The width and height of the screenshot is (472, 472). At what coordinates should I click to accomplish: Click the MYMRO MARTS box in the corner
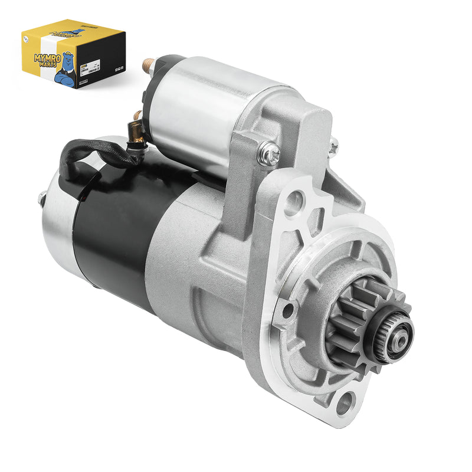click(x=74, y=53)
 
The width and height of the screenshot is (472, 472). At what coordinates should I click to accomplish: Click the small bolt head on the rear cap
click(x=42, y=199)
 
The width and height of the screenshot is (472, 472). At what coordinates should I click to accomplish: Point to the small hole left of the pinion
click(x=289, y=309)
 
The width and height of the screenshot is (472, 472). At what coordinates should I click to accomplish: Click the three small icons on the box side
click(x=117, y=68)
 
